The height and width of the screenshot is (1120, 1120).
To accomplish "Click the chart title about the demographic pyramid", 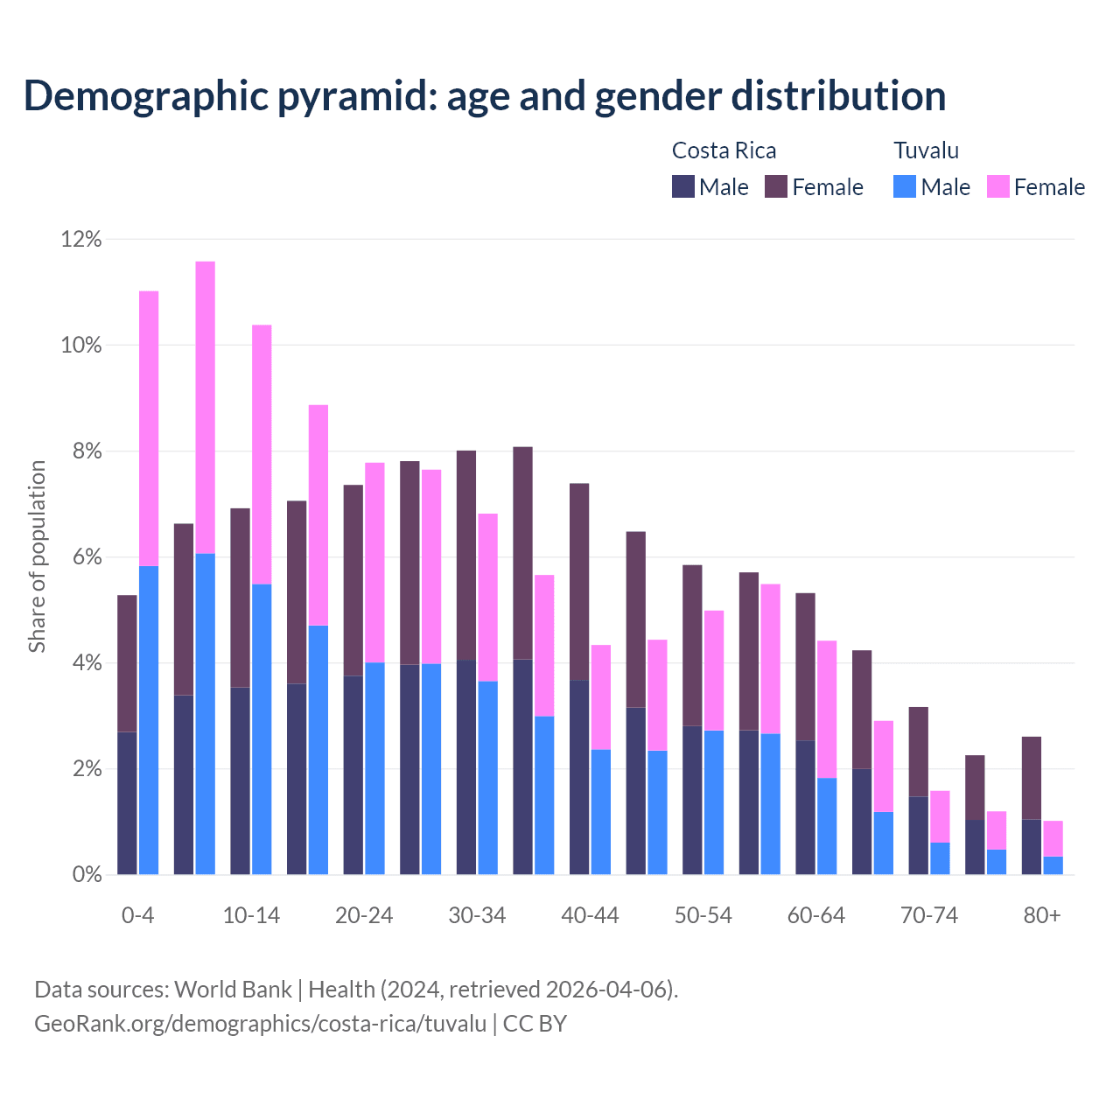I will (485, 95).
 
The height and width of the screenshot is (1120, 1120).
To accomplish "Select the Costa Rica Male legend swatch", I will (683, 186).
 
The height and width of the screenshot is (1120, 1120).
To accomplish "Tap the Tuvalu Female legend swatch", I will (997, 186).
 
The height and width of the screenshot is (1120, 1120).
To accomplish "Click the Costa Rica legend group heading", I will (724, 150).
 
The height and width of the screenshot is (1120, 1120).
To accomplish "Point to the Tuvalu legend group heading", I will (926, 150).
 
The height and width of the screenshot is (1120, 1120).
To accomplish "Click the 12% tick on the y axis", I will (81, 239).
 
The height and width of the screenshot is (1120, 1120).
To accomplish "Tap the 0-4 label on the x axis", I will (138, 915).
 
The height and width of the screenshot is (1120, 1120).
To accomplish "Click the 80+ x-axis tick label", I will (1042, 915).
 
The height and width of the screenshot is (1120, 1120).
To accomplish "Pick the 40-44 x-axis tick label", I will (590, 915).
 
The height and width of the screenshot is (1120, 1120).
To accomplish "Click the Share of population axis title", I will (37, 556).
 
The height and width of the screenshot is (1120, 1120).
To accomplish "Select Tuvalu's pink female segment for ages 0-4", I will (149, 429).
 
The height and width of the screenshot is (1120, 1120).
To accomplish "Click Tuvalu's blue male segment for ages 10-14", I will (262, 729).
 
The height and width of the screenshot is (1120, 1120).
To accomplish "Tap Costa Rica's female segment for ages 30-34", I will (466, 556).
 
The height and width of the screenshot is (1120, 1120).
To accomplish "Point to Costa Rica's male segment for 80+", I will (1032, 847).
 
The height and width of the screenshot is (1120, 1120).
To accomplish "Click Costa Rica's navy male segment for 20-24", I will (353, 774).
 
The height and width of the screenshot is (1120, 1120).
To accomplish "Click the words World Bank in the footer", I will (233, 990).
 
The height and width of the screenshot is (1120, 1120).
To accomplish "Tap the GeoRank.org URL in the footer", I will (260, 1023).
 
